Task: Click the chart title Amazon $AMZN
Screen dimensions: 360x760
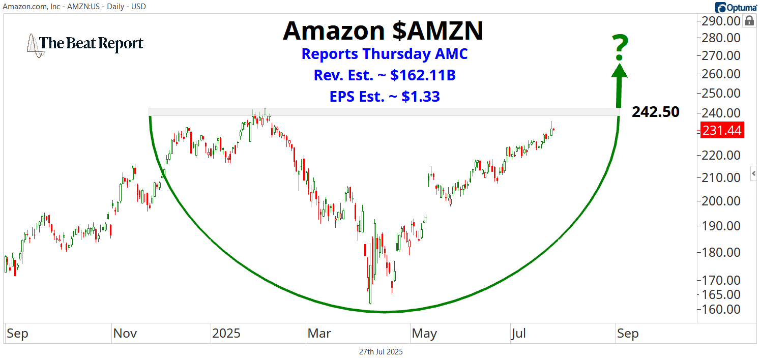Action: click(x=383, y=31)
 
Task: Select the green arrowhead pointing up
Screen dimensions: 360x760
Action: click(x=619, y=70)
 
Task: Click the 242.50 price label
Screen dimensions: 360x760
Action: click(x=655, y=112)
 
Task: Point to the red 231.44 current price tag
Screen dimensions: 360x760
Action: click(x=721, y=131)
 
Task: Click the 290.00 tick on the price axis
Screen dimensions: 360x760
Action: click(x=721, y=21)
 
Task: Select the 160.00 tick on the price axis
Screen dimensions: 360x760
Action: click(x=721, y=309)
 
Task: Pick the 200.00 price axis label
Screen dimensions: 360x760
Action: click(x=721, y=201)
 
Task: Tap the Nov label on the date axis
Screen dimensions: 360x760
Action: click(x=125, y=334)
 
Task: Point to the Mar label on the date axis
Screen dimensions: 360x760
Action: click(x=318, y=334)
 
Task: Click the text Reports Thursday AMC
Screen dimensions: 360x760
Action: click(x=385, y=54)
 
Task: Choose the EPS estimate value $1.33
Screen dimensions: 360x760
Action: click(x=420, y=96)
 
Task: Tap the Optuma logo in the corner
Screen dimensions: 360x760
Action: click(x=737, y=7)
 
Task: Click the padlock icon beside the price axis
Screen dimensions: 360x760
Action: click(x=749, y=21)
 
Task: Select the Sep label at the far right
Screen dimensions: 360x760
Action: click(x=627, y=334)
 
